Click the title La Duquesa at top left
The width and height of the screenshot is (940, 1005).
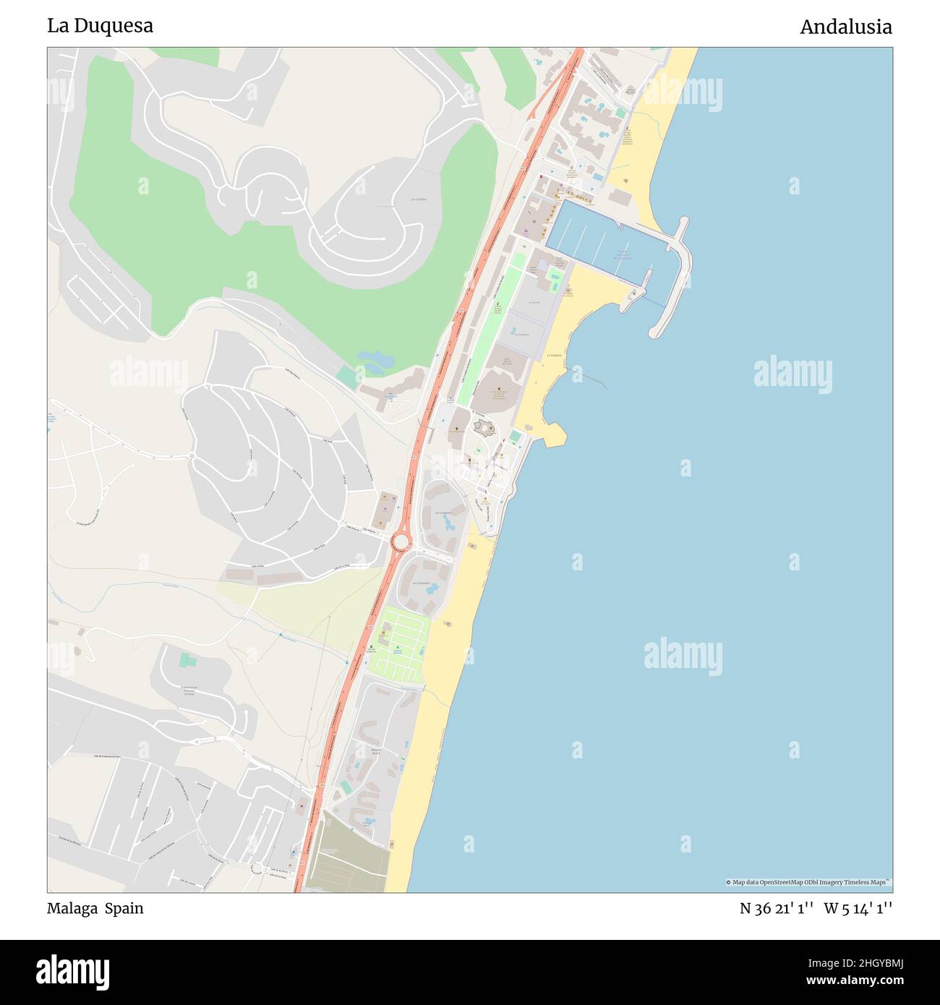pyautogui.click(x=100, y=26)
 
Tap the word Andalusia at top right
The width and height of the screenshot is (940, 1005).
pyautogui.click(x=845, y=27)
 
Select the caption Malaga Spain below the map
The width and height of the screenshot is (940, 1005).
pyautogui.click(x=95, y=908)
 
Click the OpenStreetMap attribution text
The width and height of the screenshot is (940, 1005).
pyautogui.click(x=808, y=882)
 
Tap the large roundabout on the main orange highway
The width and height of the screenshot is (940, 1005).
pyautogui.click(x=400, y=541)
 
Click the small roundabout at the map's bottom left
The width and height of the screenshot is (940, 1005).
pyautogui.click(x=256, y=867)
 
